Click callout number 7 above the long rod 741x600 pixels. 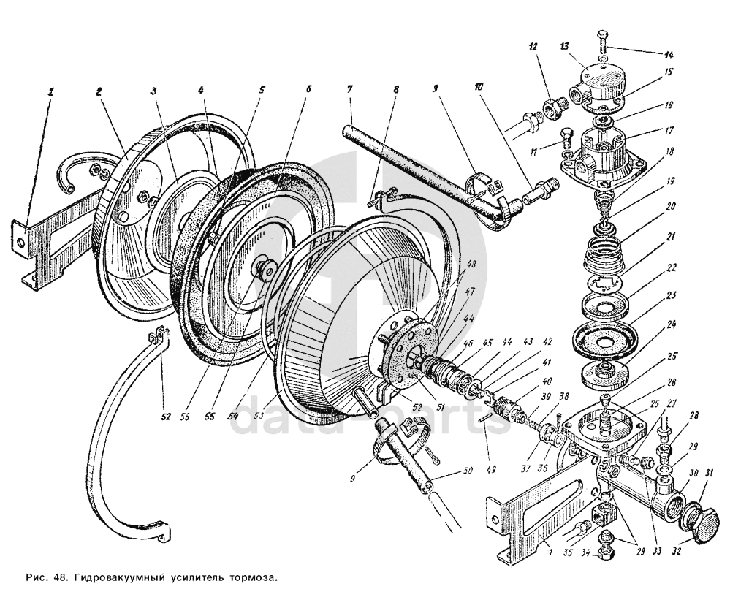[349, 88]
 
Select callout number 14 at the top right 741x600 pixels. [669, 54]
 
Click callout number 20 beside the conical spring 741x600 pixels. [669, 207]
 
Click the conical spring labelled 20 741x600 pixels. [604, 256]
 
